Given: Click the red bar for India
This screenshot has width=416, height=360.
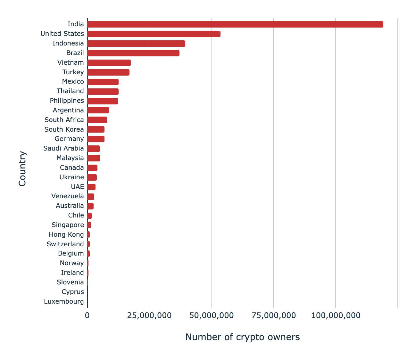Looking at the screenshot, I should (x=235, y=24).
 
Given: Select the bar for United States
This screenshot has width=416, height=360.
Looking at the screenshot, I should (x=154, y=34).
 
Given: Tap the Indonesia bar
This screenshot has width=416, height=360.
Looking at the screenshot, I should (x=136, y=44).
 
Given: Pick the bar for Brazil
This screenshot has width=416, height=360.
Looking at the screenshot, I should (x=133, y=53).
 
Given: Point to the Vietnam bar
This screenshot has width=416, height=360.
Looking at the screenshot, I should (x=109, y=63).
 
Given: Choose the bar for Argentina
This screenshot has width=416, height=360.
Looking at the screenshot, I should (x=98, y=110).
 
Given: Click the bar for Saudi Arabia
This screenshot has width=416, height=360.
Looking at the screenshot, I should (x=94, y=149).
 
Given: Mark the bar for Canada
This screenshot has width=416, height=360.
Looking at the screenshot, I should (x=92, y=168).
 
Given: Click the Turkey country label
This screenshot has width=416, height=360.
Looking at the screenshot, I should (x=73, y=72).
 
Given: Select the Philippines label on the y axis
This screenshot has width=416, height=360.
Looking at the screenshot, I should (x=67, y=101).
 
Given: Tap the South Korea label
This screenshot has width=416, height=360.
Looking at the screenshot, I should (x=64, y=129).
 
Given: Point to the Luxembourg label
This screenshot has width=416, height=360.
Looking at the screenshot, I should (x=64, y=301).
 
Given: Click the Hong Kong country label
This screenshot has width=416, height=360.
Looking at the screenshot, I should (x=66, y=234).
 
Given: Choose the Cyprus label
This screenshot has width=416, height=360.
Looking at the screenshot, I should (x=73, y=292).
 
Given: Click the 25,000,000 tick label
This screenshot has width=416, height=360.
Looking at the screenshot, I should (x=149, y=315).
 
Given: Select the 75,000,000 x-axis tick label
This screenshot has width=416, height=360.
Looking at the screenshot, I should (x=274, y=315).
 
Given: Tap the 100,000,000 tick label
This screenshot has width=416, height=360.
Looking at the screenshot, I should (x=336, y=315).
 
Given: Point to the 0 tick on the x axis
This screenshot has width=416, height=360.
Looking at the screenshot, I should (x=87, y=315).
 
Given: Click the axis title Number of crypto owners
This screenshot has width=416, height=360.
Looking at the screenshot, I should (x=242, y=337).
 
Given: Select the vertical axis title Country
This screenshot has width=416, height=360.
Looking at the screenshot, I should (x=22, y=168).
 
